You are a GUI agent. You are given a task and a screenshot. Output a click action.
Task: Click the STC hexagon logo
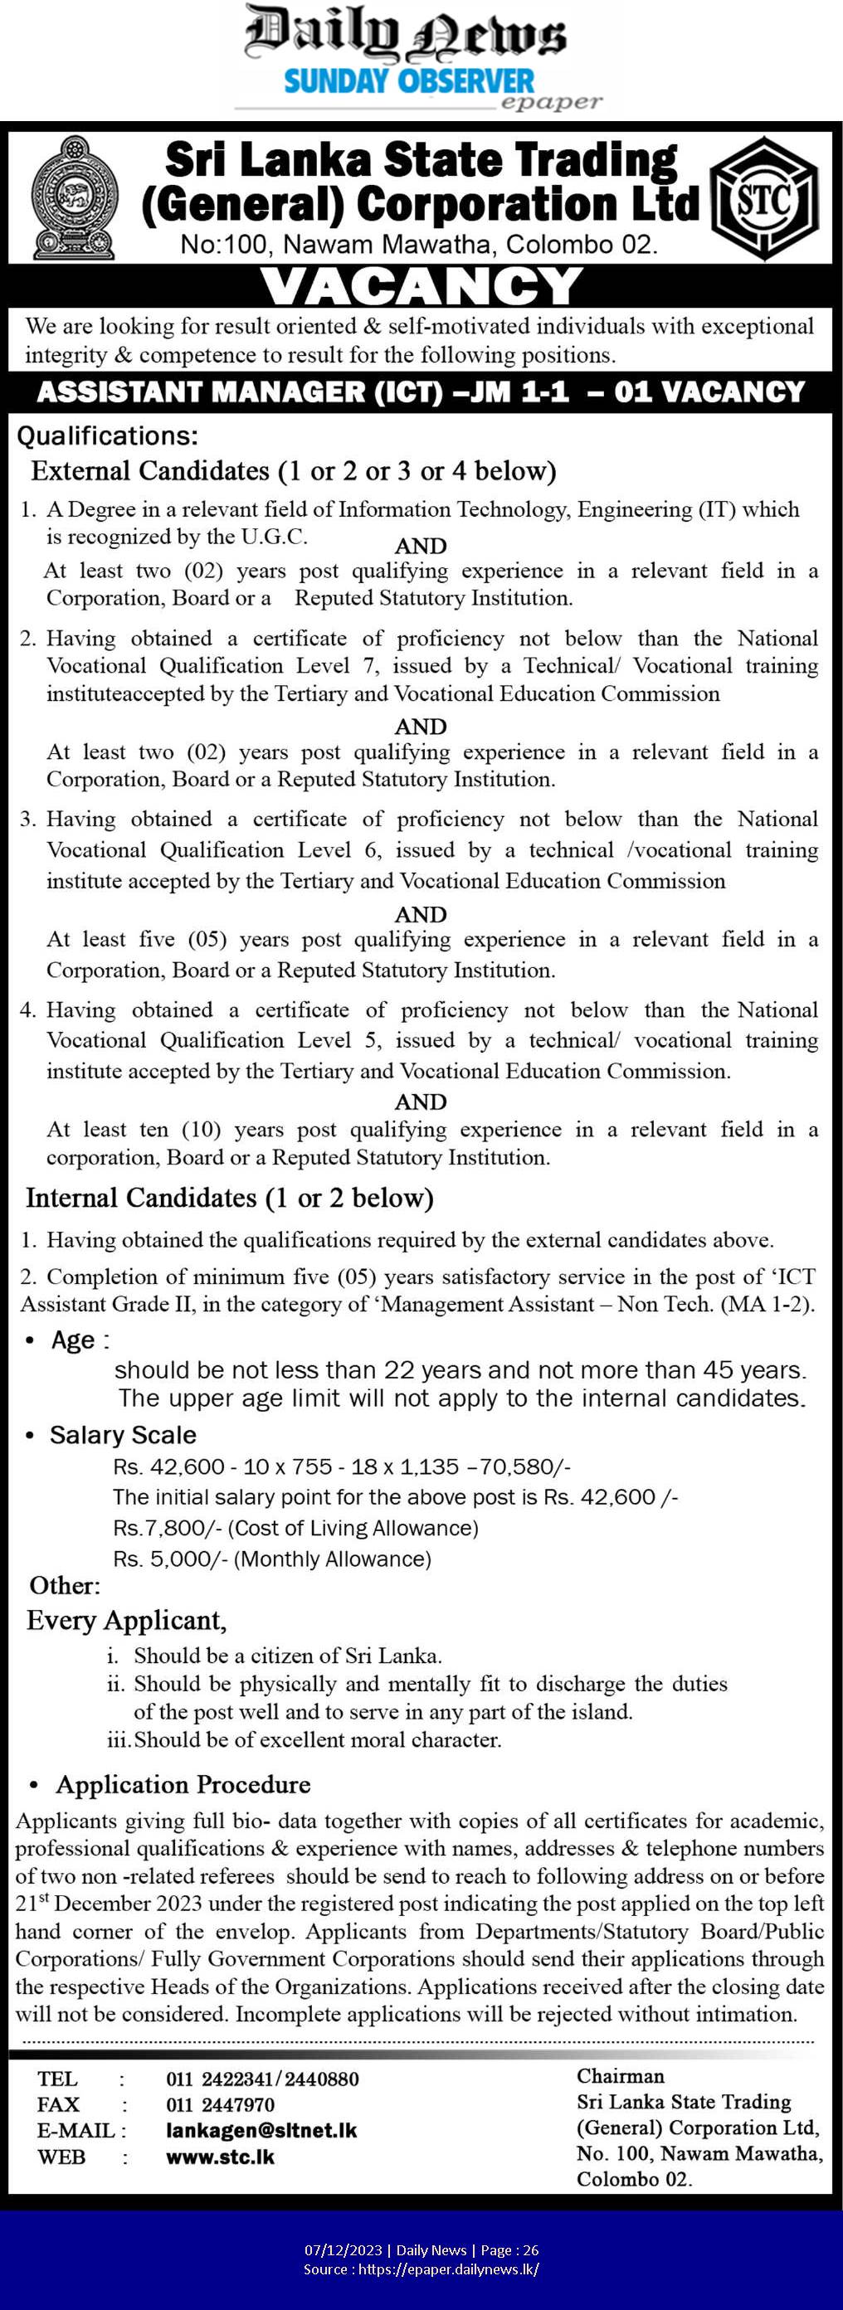pyautogui.click(x=764, y=199)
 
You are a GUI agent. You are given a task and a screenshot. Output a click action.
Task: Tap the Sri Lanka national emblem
pyautogui.click(x=74, y=199)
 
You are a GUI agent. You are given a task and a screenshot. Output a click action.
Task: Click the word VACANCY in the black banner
pyautogui.click(x=421, y=287)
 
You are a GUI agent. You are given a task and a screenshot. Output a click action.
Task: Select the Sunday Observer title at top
pyautogui.click(x=409, y=81)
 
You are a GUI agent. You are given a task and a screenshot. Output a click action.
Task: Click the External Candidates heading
pyautogui.click(x=293, y=471)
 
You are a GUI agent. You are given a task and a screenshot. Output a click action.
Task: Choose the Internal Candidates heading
pyautogui.click(x=230, y=1198)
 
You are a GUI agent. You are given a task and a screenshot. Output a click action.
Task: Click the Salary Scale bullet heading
pyautogui.click(x=123, y=1435)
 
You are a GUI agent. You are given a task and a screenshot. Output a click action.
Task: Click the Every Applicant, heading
pyautogui.click(x=126, y=1621)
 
